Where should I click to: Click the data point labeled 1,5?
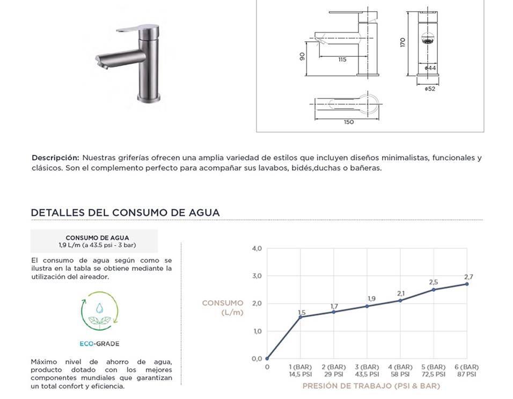pos(301,317)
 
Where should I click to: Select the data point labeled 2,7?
pos(467,284)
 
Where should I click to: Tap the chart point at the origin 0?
pos(267,359)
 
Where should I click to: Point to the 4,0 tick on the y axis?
pos(256,249)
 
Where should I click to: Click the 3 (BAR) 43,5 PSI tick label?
pos(367,370)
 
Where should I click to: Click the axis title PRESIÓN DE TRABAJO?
pos(371,386)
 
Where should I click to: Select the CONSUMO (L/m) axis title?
pos(223,308)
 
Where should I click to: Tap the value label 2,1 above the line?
pos(400,293)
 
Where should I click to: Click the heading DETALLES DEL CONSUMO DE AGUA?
pos(126,212)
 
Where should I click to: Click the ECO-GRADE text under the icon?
pos(99,343)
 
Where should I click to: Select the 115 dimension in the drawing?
pos(342,60)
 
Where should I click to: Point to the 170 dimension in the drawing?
pos(402,42)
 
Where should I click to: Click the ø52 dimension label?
pos(429,89)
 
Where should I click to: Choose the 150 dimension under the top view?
pos(348,122)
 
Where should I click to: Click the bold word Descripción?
pos(55,158)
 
